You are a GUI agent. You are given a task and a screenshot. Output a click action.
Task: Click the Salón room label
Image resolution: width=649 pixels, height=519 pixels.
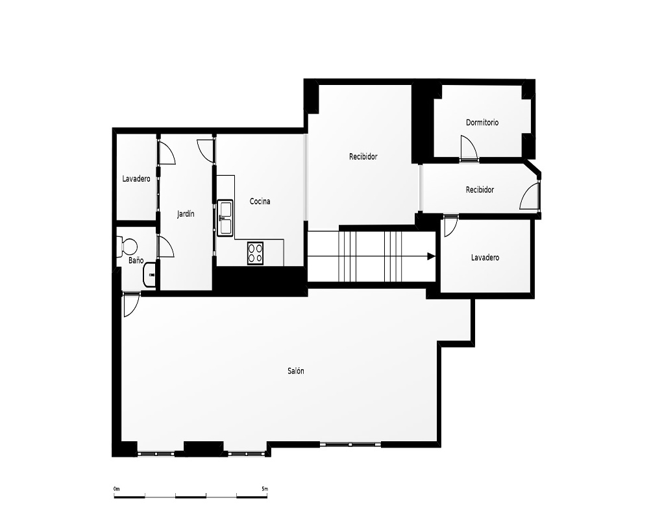295,371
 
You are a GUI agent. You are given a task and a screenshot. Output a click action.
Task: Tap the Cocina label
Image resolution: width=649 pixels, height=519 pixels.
260,201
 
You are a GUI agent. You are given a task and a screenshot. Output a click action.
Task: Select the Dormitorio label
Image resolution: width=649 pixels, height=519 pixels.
482,122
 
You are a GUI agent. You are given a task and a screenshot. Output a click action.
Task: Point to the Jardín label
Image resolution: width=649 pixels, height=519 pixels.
186,214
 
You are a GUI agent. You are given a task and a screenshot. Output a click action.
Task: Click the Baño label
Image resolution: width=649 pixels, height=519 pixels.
136,260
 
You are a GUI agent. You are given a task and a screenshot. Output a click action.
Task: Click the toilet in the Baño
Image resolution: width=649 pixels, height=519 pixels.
127,247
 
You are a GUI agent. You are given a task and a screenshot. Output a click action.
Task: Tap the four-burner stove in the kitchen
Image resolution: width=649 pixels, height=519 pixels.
255,253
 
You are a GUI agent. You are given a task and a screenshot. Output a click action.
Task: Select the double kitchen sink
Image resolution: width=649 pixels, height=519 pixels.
225,218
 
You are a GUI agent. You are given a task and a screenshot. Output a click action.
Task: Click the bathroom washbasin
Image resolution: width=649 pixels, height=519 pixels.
149,274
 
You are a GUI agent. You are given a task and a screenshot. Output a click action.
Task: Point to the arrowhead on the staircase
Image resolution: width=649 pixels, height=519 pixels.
431,256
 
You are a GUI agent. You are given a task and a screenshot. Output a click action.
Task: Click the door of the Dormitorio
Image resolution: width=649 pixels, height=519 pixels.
469,148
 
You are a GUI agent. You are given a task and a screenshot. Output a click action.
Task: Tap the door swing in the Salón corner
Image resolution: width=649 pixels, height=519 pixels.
131,304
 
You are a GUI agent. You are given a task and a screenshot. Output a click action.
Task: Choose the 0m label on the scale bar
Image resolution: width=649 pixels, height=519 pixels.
117,489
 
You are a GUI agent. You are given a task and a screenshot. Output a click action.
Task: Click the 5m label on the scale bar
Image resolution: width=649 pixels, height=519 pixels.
265,489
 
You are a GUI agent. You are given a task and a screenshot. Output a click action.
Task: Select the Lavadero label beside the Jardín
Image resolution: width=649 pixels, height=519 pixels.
136,179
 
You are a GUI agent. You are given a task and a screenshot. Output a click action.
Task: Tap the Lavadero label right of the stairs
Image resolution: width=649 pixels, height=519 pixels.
485,258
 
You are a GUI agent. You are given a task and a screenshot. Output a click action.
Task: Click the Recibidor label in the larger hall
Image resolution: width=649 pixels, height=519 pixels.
363,156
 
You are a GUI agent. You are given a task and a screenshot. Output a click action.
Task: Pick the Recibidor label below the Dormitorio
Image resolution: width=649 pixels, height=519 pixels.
480,189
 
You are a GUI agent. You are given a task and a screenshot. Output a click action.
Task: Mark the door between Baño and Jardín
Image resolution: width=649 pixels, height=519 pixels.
165,247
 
